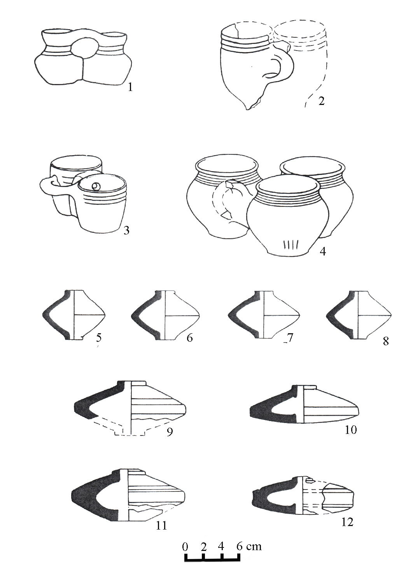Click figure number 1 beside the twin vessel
pos(130,87)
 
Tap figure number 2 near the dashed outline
pos(322,101)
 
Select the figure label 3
pos(126,231)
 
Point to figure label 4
pos(323,252)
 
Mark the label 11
pos(161,526)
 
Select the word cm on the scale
pos(254,546)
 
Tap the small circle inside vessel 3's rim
pos(96,186)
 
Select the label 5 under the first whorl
pos(99,337)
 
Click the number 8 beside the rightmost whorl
pos(386,341)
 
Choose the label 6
pos(189,338)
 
